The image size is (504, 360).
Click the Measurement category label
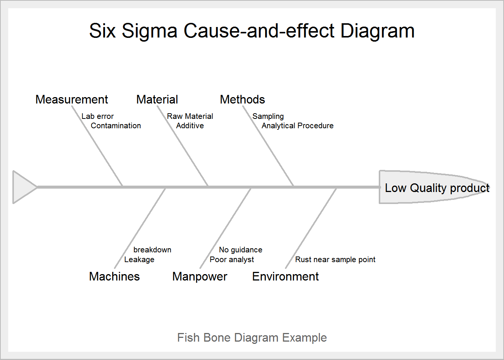click(x=72, y=99)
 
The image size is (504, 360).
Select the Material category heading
click(x=157, y=99)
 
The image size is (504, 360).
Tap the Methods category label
click(x=242, y=99)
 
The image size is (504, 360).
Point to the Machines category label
click(x=114, y=276)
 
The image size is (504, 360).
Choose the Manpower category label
click(x=200, y=276)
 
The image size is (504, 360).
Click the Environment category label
click(x=285, y=276)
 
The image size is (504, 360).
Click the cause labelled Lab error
click(x=97, y=116)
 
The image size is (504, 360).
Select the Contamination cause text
click(x=116, y=126)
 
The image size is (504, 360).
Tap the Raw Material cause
click(x=190, y=116)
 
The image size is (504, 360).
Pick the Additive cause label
click(x=190, y=126)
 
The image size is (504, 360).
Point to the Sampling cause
click(x=268, y=116)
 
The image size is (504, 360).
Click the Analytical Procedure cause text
click(x=298, y=126)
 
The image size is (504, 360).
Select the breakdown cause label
click(x=152, y=250)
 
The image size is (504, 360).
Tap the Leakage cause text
click(x=139, y=259)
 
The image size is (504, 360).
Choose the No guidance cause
click(x=241, y=250)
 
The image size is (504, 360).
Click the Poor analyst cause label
click(x=232, y=259)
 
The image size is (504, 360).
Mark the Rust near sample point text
click(x=335, y=259)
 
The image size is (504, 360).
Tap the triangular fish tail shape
click(x=22, y=187)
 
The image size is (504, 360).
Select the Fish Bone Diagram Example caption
click(x=252, y=337)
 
